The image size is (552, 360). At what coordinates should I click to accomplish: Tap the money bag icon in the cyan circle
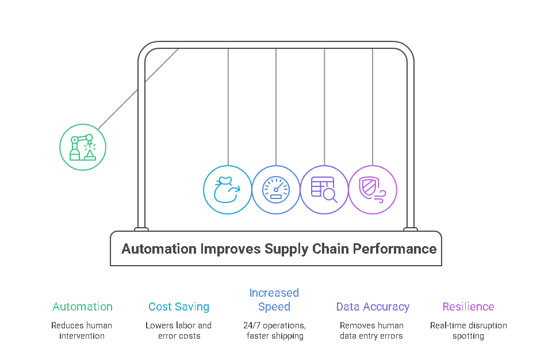[227, 190]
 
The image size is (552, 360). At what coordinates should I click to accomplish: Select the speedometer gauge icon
[276, 190]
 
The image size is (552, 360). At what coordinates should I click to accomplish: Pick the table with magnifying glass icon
[324, 190]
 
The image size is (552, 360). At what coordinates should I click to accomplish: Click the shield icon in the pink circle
[373, 190]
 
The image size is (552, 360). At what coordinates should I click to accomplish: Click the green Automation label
[83, 307]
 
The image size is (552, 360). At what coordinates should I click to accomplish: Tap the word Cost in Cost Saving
[158, 307]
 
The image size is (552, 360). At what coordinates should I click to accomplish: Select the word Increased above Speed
[274, 293]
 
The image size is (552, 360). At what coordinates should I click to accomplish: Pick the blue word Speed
[274, 307]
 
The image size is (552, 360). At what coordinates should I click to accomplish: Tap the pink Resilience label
[468, 307]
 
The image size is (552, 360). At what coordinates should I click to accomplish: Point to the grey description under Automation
[83, 330]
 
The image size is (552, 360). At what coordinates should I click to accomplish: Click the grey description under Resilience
[468, 330]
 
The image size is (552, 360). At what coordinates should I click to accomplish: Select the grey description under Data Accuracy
[372, 330]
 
